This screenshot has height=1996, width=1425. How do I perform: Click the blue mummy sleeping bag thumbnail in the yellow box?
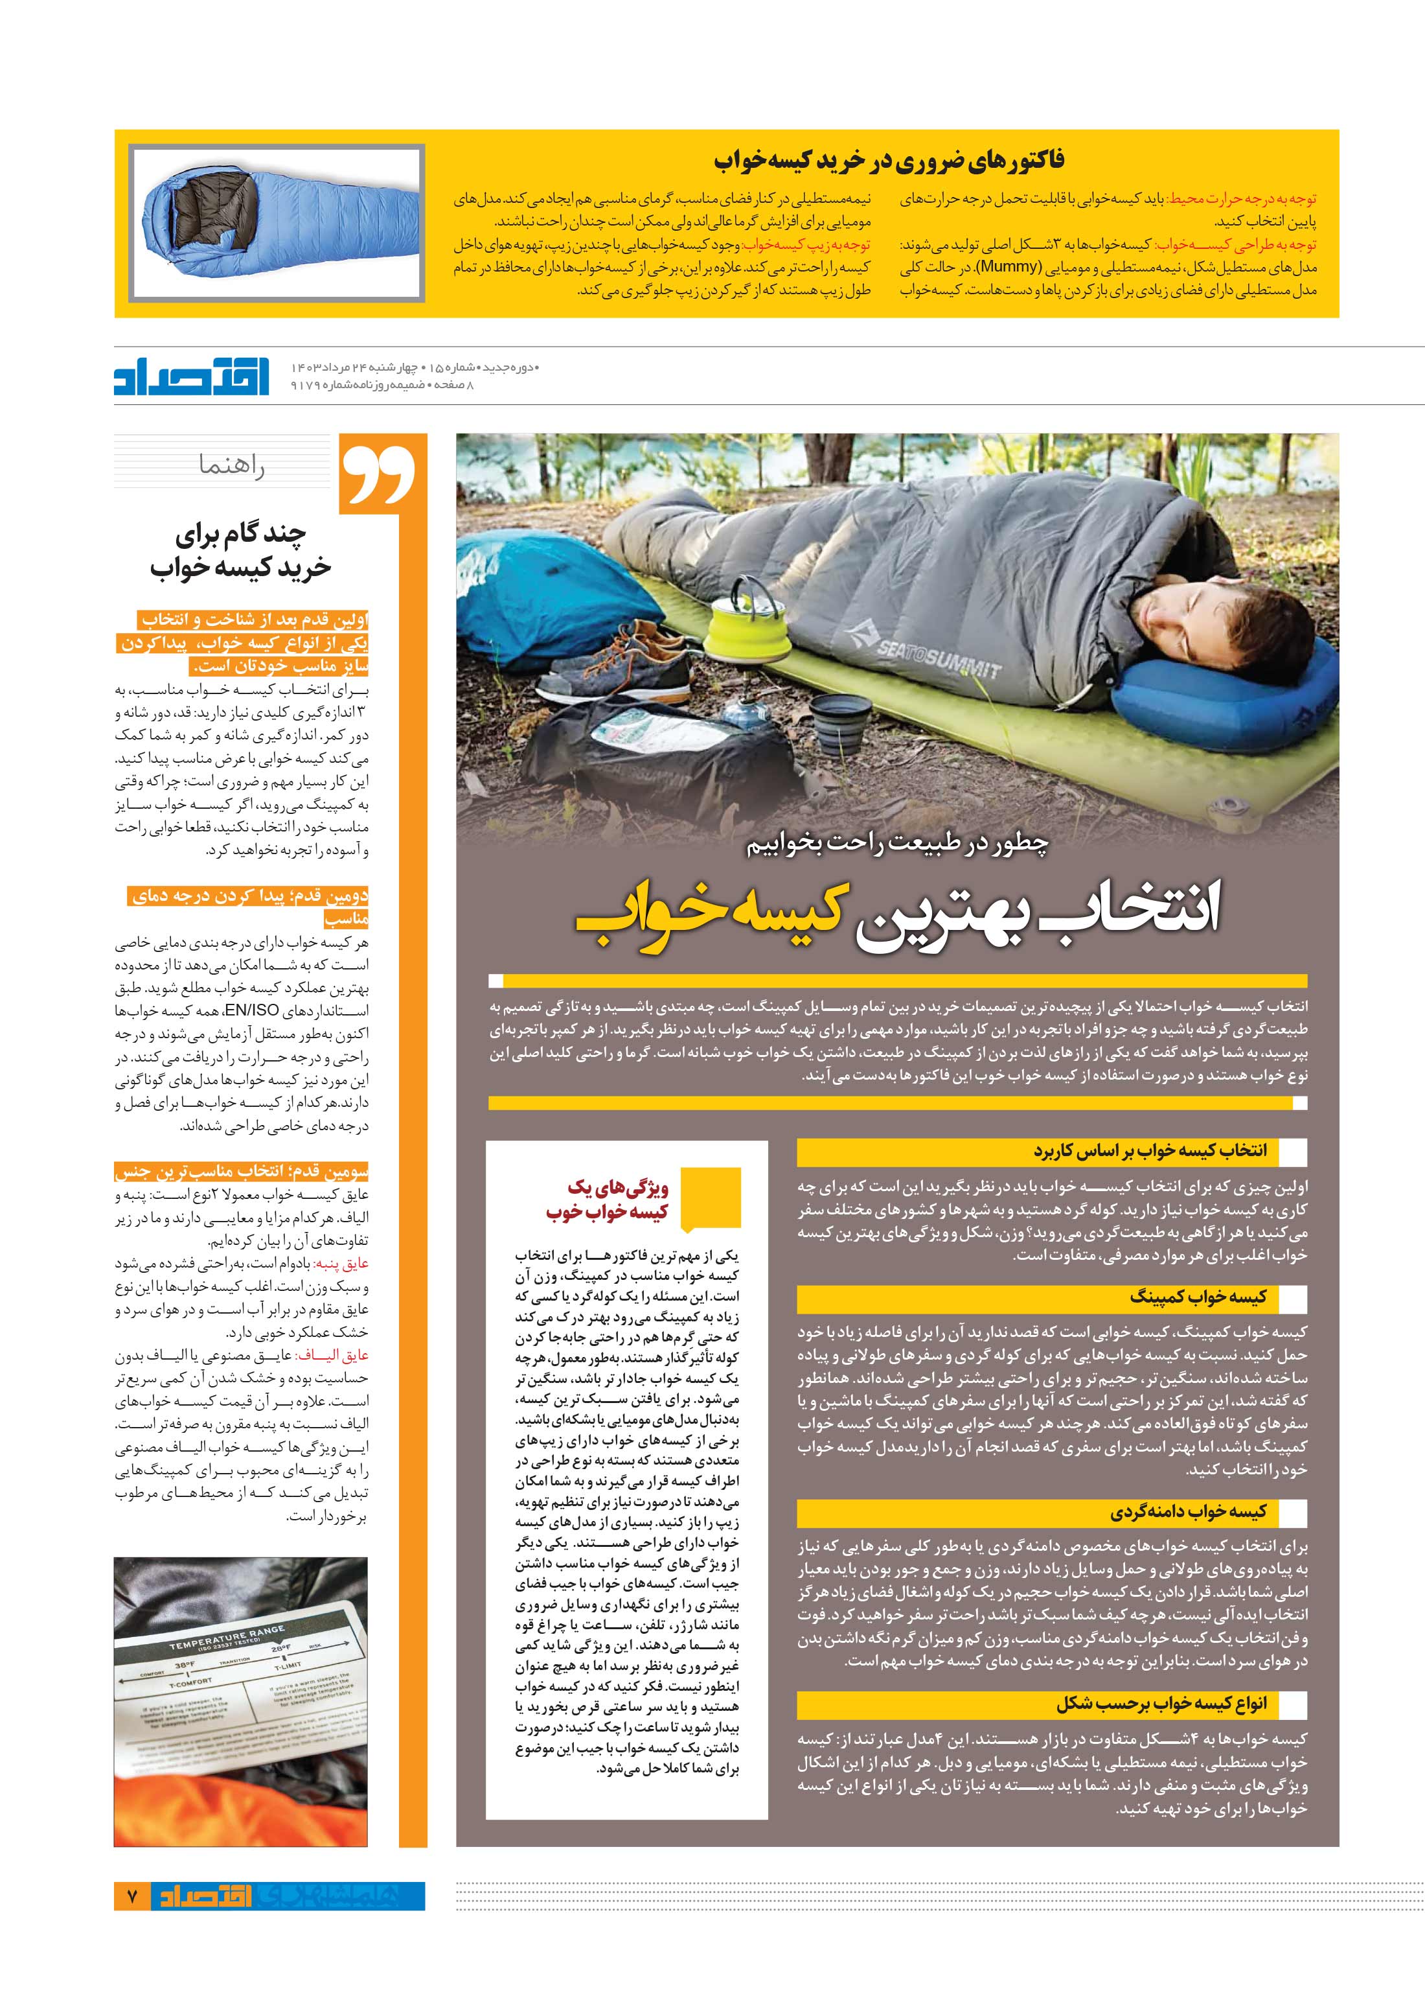(x=277, y=224)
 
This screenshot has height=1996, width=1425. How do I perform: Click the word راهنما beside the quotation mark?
(x=232, y=466)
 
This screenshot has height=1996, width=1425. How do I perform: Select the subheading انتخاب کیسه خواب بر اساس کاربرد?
(x=1150, y=1151)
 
